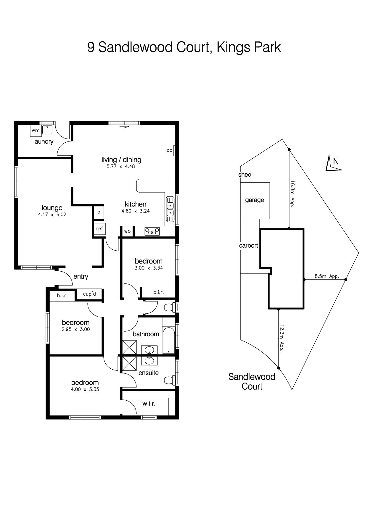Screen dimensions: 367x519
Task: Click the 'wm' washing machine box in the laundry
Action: [x=36, y=130]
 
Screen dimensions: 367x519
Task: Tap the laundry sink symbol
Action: [x=47, y=130]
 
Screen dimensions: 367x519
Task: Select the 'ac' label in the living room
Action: [x=169, y=150]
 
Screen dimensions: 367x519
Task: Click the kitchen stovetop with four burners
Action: [x=152, y=231]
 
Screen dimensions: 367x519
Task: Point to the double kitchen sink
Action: [x=170, y=209]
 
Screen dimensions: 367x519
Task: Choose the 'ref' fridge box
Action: [x=99, y=229]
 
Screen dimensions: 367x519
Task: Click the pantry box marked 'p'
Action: [x=99, y=212]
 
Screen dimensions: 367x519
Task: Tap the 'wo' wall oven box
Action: [x=127, y=231]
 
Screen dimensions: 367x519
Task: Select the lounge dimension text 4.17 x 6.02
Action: [x=52, y=215]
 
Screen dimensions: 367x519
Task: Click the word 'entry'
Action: [x=81, y=276]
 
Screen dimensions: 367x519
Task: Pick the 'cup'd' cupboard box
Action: [x=89, y=294]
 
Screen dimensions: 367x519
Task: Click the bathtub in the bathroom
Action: [x=169, y=340]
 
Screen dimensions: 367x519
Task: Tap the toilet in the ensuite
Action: [x=170, y=379]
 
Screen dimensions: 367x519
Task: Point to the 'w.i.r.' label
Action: [x=149, y=403]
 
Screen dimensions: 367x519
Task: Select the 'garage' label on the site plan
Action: [x=255, y=200]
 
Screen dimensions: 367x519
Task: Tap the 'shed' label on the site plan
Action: [x=245, y=175]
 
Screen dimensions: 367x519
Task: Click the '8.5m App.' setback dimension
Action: [x=327, y=276]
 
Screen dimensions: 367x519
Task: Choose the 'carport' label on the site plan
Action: [x=249, y=246]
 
